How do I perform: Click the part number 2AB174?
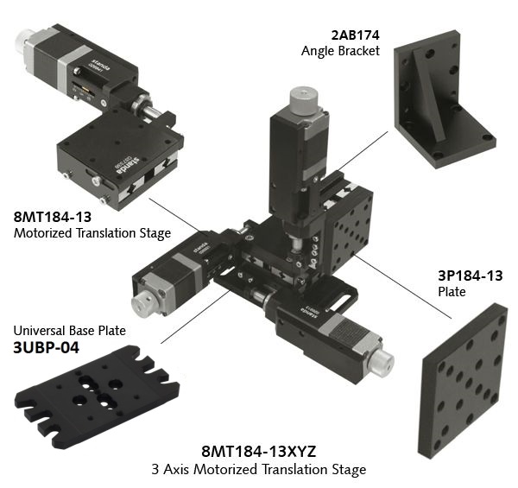click(x=355, y=35)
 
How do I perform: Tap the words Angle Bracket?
click(x=340, y=51)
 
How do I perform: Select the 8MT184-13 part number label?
click(x=53, y=217)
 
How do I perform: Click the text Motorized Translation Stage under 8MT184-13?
click(x=92, y=233)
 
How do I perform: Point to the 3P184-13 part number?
click(x=471, y=276)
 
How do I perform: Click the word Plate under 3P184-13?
click(x=452, y=292)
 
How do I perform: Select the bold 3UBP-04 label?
click(x=47, y=347)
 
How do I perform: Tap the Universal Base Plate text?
click(x=70, y=331)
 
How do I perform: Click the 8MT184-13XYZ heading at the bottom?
click(x=259, y=452)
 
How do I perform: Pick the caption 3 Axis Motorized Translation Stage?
click(x=259, y=469)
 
